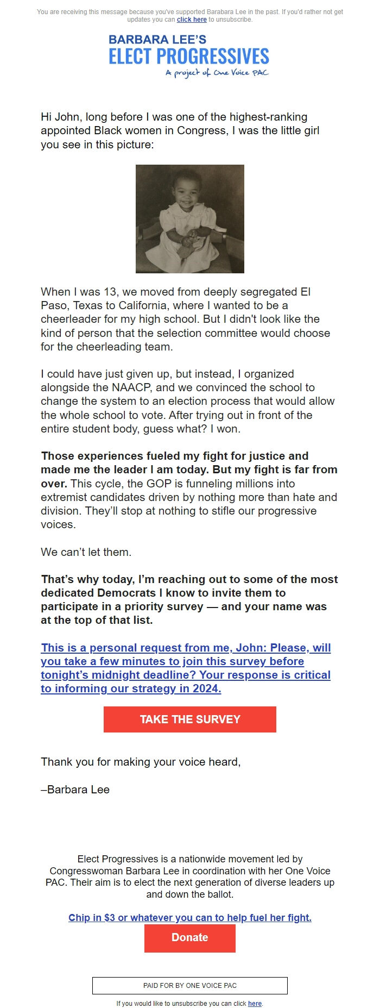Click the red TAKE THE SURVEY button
(189, 719)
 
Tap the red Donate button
(189, 937)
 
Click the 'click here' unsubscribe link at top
(192, 20)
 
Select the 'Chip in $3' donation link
(189, 918)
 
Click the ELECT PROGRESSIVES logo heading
(189, 57)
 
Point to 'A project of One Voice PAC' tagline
(217, 73)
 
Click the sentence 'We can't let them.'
(86, 552)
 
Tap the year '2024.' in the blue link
(207, 689)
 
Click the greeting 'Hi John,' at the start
(61, 117)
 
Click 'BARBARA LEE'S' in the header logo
(157, 40)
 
